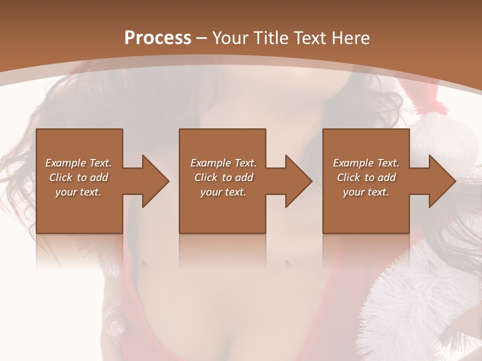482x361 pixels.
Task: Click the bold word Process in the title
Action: click(158, 38)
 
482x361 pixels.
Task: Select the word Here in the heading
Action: click(351, 38)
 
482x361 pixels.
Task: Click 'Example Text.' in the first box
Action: click(78, 163)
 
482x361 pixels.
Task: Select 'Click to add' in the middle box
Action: click(223, 177)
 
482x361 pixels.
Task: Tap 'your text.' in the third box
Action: click(366, 192)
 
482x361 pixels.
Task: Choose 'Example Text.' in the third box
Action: click(366, 163)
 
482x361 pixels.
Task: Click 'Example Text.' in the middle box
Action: click(223, 163)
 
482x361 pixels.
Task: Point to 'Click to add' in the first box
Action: click(78, 177)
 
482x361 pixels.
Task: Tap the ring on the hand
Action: click(116, 326)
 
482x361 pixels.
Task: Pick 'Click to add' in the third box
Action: click(366, 177)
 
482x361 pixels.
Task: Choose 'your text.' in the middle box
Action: click(223, 192)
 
